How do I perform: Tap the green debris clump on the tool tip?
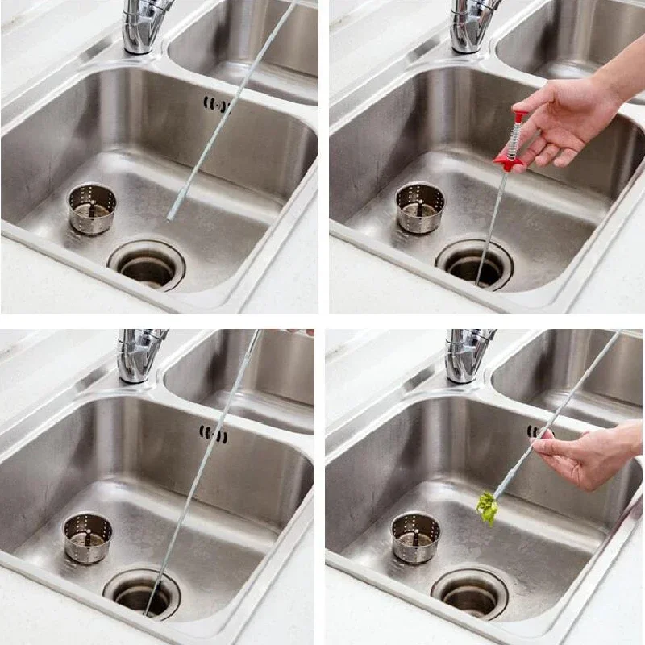(485, 508)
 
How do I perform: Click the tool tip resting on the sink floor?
(170, 216)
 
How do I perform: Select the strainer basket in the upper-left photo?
(91, 208)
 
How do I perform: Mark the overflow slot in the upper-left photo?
(215, 103)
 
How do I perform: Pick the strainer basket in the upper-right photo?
(420, 207)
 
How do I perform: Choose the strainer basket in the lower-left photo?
(88, 537)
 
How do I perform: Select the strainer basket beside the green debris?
(415, 537)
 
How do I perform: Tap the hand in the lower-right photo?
(589, 456)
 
